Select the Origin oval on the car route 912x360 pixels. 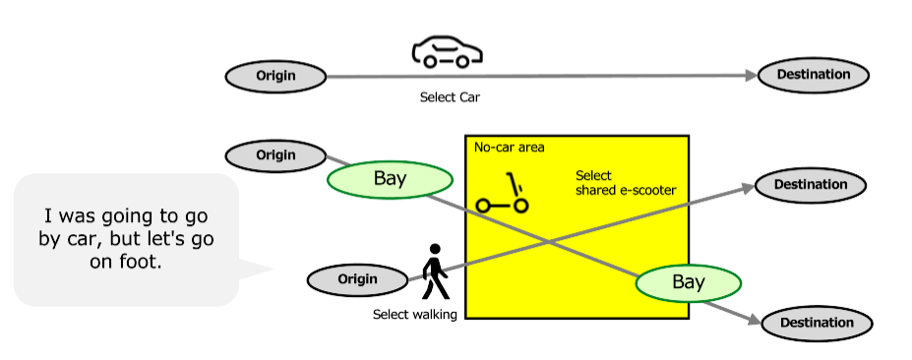point(275,76)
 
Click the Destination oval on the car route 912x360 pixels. point(814,75)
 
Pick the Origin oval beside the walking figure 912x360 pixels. point(357,279)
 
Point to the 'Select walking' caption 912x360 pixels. point(414,315)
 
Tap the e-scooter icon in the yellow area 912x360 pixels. point(504,196)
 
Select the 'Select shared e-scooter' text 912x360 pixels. point(625,183)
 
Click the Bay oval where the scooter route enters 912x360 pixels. point(390,179)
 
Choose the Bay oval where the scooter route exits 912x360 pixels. point(688,283)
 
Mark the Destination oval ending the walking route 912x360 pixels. point(811,185)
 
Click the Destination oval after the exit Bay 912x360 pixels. point(816,323)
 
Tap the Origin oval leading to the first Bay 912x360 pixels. point(275,155)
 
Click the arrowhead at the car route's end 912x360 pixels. point(750,76)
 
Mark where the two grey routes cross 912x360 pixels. point(548,239)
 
